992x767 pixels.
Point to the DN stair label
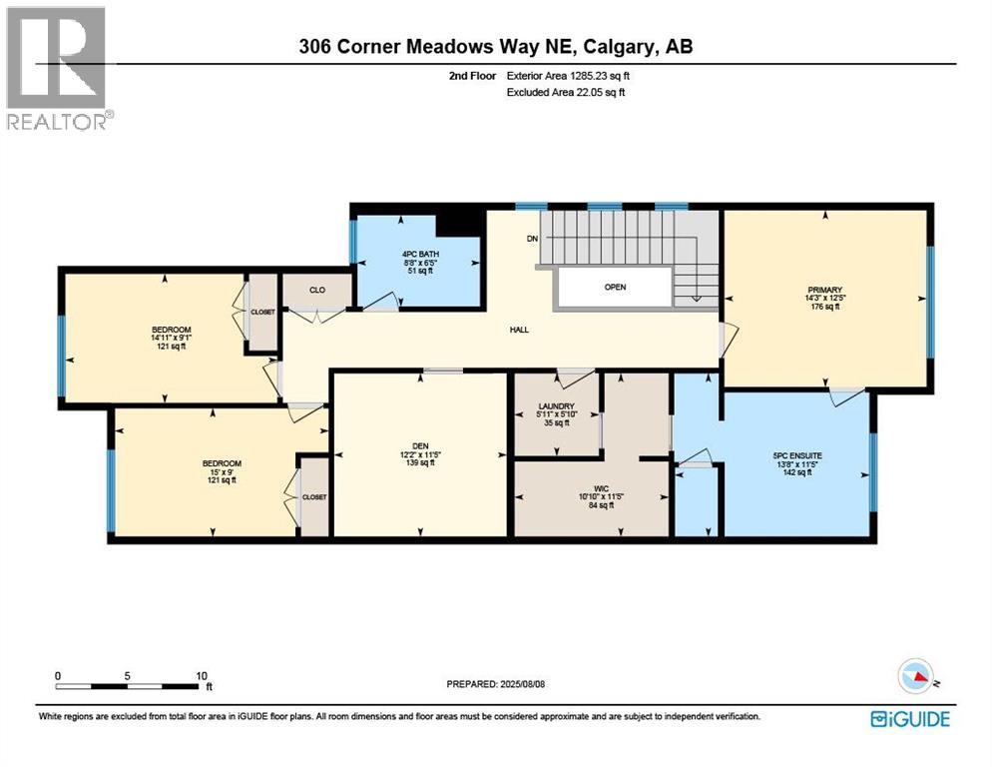pos(533,239)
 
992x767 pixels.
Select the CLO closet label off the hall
pos(317,291)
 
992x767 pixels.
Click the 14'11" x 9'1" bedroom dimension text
pos(171,339)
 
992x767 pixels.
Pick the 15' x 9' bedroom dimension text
pos(222,471)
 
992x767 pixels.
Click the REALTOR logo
pos(59,68)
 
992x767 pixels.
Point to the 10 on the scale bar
pos(201,675)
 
